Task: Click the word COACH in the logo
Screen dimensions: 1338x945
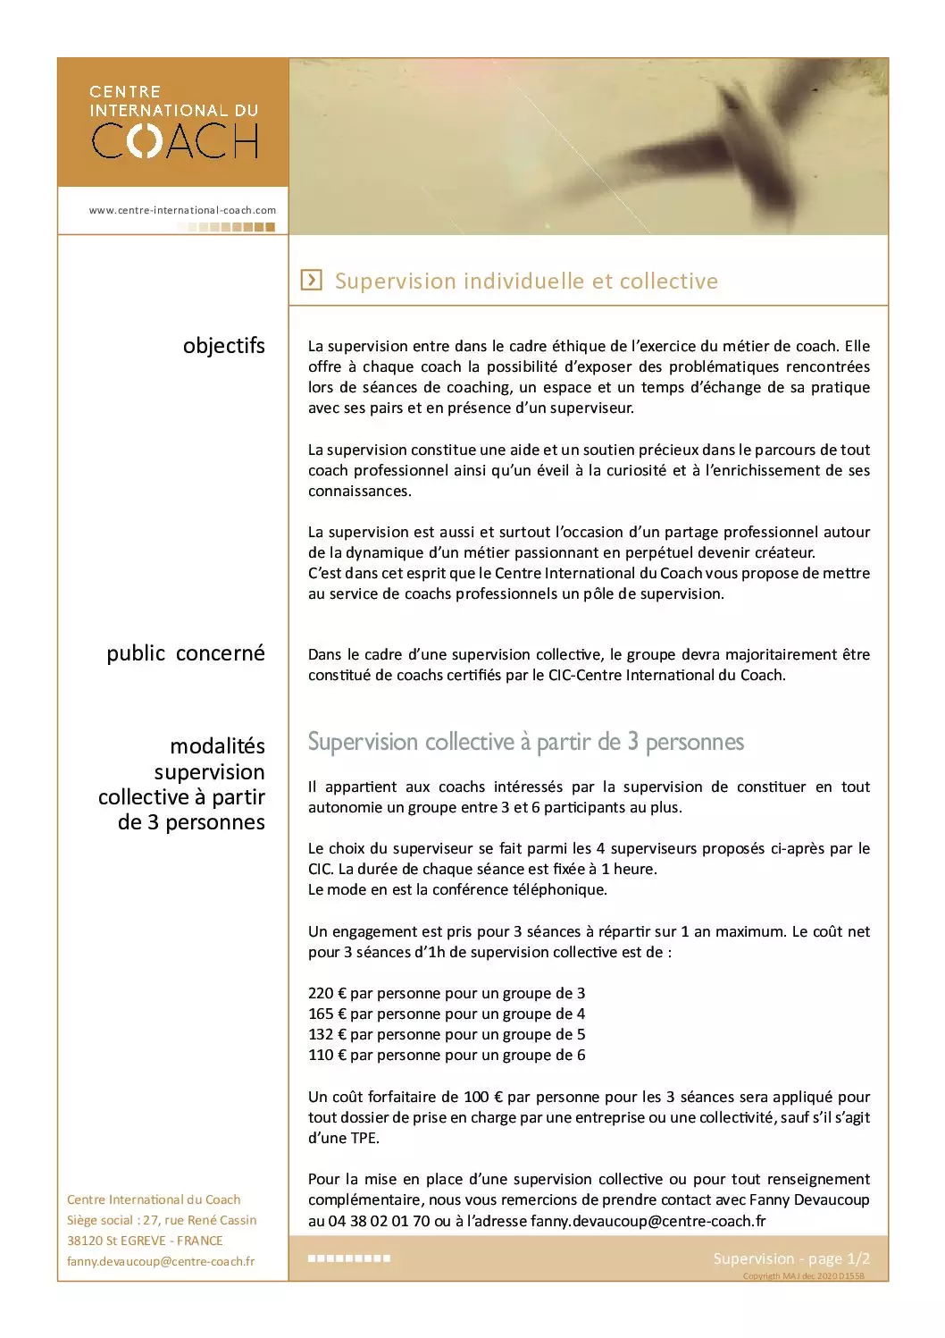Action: (175, 140)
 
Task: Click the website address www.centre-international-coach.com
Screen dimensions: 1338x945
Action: (182, 210)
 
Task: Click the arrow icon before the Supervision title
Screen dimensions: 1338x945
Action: (311, 280)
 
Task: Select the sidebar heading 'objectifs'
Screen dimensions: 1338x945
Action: (223, 346)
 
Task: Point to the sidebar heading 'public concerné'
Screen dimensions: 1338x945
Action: (186, 653)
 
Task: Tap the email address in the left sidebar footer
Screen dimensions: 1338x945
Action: (161, 1261)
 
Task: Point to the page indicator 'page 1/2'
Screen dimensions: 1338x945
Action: (839, 1258)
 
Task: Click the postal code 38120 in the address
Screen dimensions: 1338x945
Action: (85, 1241)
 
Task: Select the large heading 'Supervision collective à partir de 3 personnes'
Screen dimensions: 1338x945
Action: (525, 742)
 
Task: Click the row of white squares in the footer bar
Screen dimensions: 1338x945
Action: (349, 1258)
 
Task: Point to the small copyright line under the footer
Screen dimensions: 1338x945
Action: (803, 1276)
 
